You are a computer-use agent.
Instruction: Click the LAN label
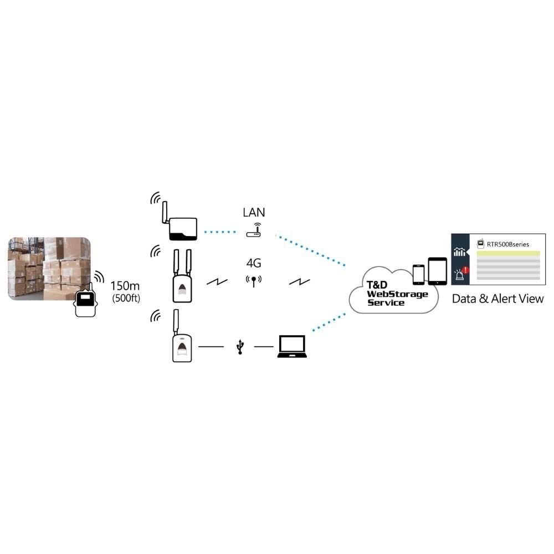(x=254, y=212)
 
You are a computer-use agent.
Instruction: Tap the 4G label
(x=253, y=263)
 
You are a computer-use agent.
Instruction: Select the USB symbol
(x=240, y=347)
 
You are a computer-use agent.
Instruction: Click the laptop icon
(x=292, y=346)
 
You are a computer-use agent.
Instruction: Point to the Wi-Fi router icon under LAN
(x=254, y=230)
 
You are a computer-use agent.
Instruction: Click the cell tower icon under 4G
(x=253, y=281)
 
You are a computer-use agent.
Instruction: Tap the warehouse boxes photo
(x=49, y=268)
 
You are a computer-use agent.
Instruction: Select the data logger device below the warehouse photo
(x=85, y=302)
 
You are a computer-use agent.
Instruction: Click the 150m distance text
(x=126, y=286)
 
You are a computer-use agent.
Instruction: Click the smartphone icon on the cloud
(x=418, y=274)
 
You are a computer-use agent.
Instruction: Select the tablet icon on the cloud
(x=437, y=271)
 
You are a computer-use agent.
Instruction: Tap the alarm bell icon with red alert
(x=460, y=273)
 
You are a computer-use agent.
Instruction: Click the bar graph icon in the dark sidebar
(x=459, y=252)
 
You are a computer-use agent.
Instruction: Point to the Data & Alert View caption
(x=497, y=299)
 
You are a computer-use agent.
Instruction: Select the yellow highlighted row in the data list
(x=507, y=254)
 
